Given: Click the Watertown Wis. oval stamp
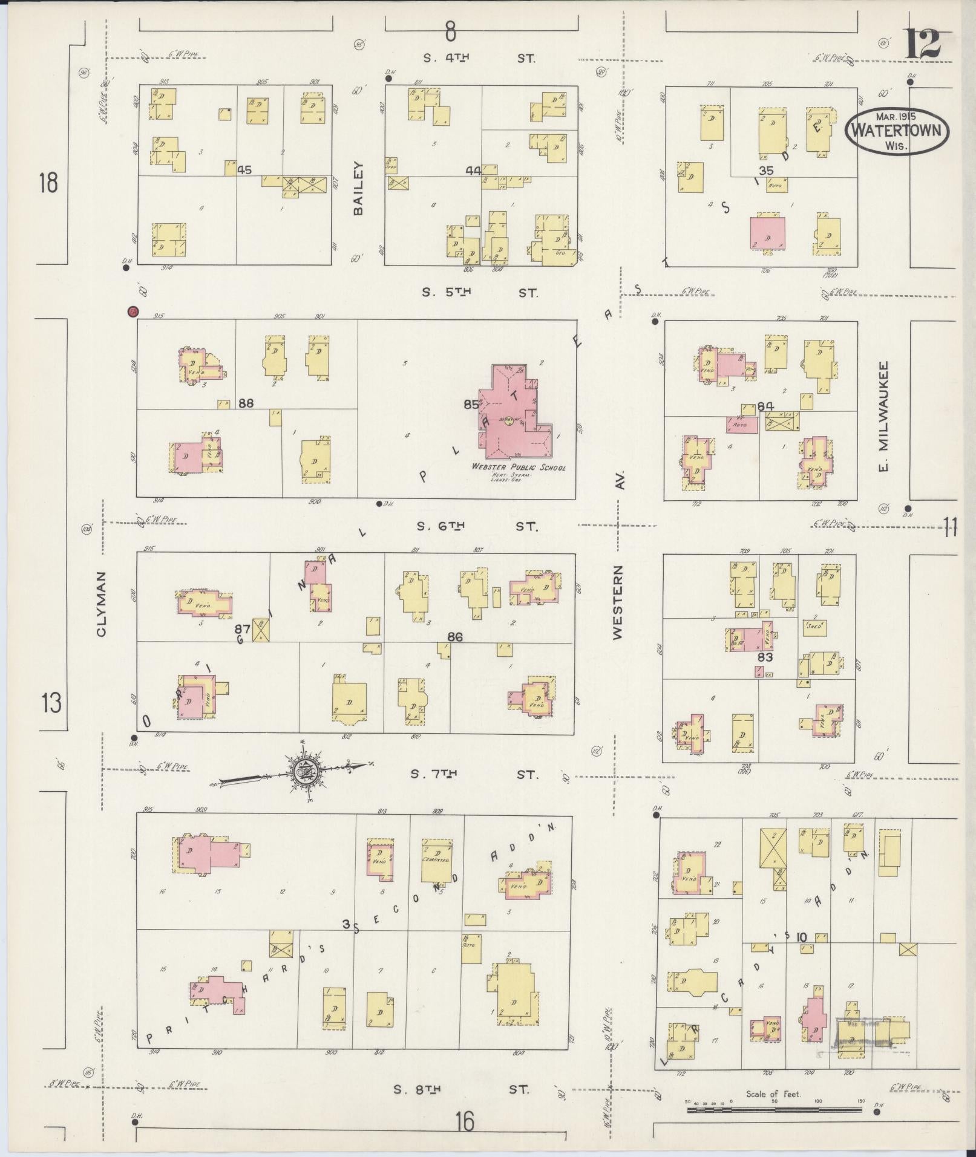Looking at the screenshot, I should click(897, 131).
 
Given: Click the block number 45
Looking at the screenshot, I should click(244, 170).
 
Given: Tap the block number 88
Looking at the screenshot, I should click(246, 403).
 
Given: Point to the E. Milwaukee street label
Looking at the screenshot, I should click(883, 417).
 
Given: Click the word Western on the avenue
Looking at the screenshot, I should click(617, 602).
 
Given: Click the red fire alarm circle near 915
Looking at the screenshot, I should click(133, 311).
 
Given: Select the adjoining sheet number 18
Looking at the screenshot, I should click(48, 182).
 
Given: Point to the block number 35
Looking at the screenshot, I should click(766, 171).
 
